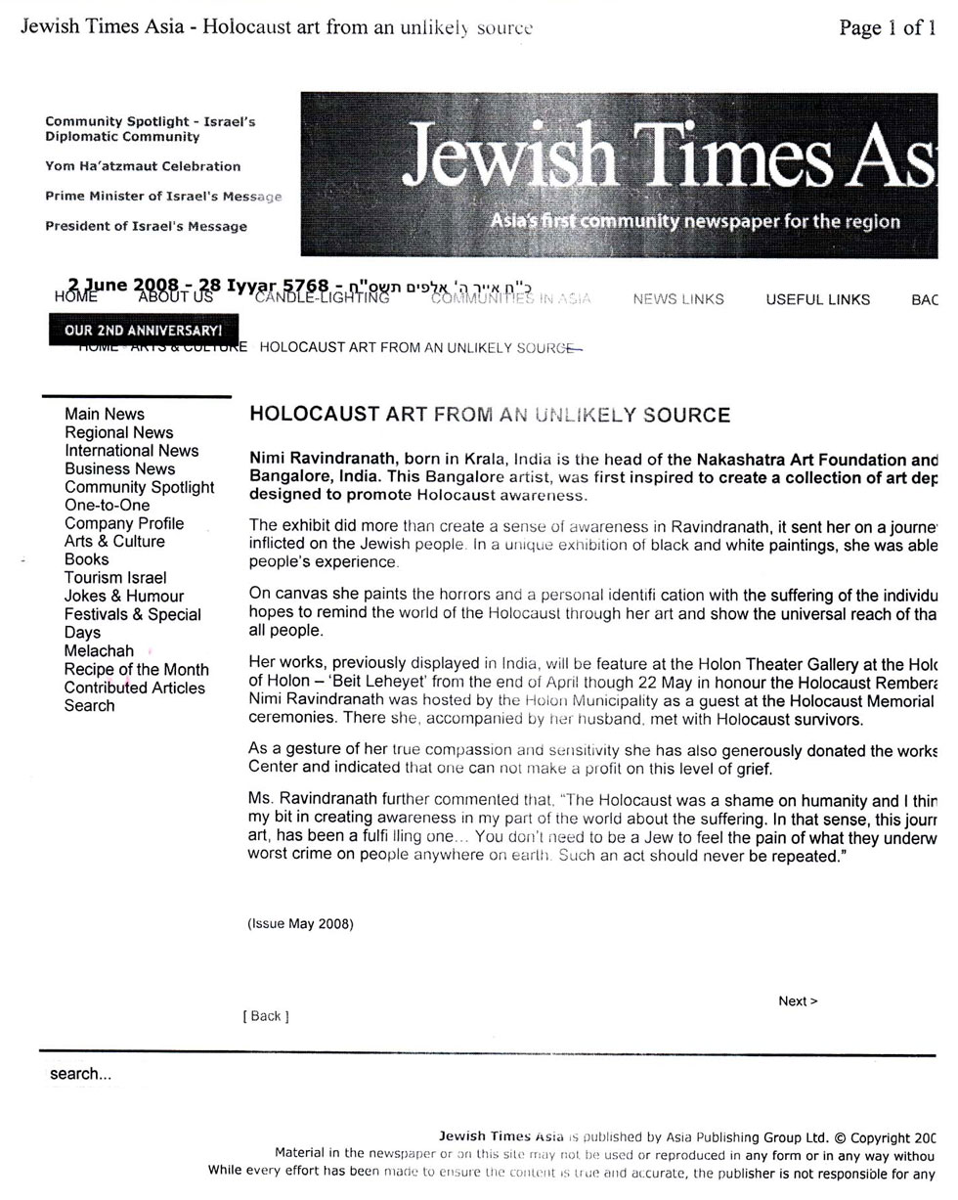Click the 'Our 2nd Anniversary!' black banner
[143, 331]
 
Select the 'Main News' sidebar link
[105, 415]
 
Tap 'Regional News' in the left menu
[119, 432]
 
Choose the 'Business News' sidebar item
[120, 469]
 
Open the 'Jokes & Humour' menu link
[124, 596]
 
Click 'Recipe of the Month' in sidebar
[137, 670]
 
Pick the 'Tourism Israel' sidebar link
[115, 578]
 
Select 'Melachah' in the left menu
[99, 651]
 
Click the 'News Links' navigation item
[678, 299]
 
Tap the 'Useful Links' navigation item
[817, 299]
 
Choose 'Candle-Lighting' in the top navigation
[322, 298]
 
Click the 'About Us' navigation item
[175, 296]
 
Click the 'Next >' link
[798, 1000]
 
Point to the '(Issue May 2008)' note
[300, 923]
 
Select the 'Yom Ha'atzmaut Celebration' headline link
[143, 166]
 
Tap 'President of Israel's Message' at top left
[146, 227]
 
